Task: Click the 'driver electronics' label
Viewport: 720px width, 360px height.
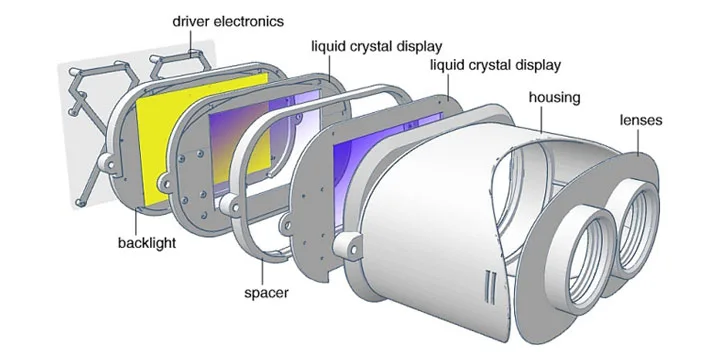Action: (x=228, y=21)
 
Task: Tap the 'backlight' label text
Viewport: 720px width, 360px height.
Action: (x=147, y=242)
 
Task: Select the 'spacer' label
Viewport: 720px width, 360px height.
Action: (x=266, y=292)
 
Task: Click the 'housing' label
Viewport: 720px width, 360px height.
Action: (x=554, y=98)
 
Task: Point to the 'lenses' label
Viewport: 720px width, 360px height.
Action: (x=641, y=120)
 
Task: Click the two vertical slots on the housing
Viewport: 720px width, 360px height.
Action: (x=490, y=287)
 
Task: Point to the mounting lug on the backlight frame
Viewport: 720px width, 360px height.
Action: (x=107, y=164)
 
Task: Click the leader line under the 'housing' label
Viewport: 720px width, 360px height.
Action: (x=542, y=120)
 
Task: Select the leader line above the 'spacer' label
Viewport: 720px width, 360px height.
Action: (x=263, y=272)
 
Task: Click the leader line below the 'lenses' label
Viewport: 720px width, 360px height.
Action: (x=638, y=141)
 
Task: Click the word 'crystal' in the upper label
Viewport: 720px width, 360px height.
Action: (x=367, y=46)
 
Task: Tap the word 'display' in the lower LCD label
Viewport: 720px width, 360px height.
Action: (x=535, y=65)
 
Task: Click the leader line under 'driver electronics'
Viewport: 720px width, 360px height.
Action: (x=191, y=43)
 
